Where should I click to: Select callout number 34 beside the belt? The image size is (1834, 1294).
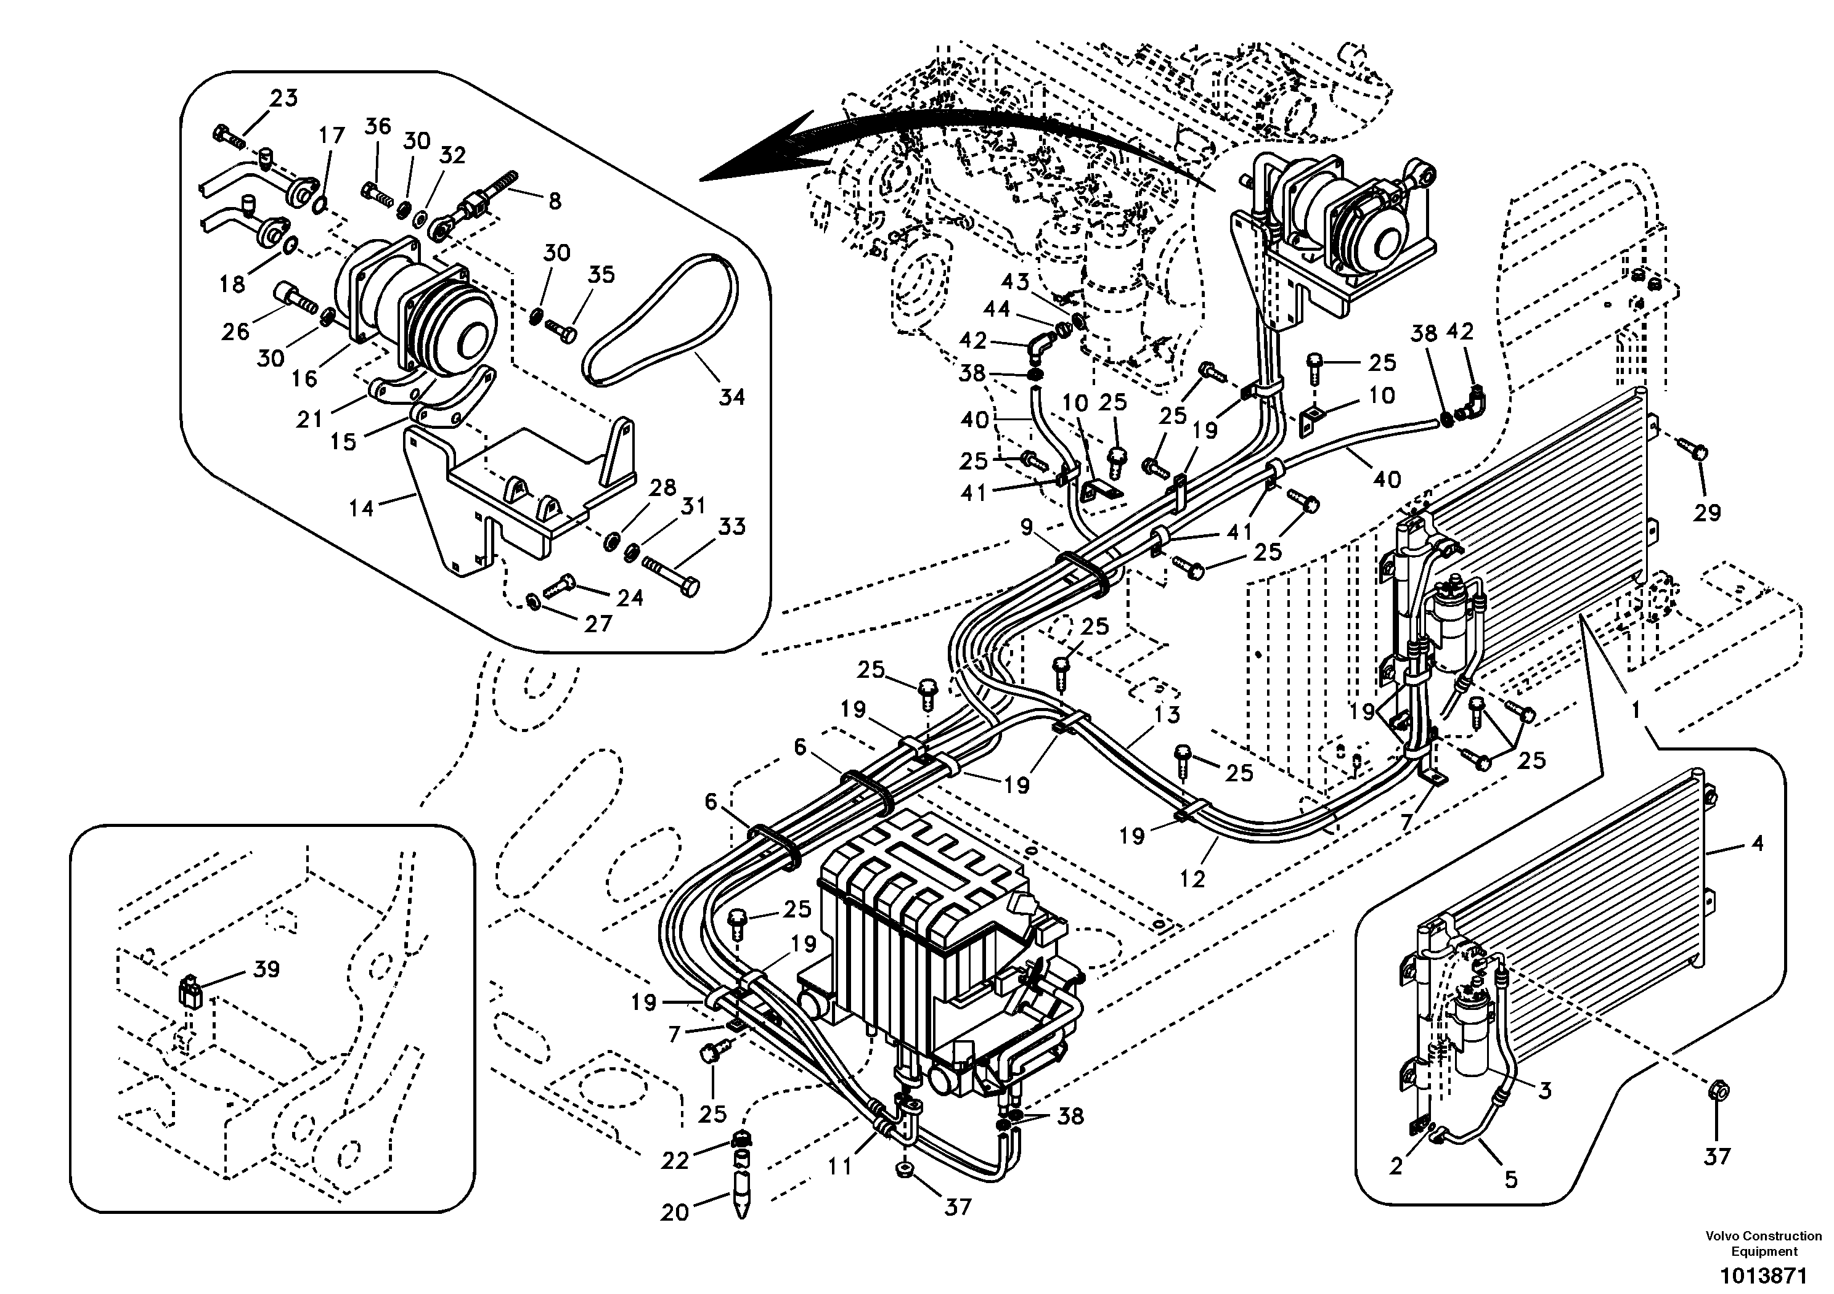(x=731, y=396)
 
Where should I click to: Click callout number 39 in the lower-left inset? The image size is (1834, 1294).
(x=266, y=970)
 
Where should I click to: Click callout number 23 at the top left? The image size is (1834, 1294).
(x=283, y=98)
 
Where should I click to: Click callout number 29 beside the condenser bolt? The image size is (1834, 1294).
(x=1707, y=512)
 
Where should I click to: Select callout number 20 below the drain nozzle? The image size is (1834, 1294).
(x=674, y=1213)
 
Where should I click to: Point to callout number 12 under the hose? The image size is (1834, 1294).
(x=1192, y=879)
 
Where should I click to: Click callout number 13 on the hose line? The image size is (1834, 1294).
(x=1167, y=714)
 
